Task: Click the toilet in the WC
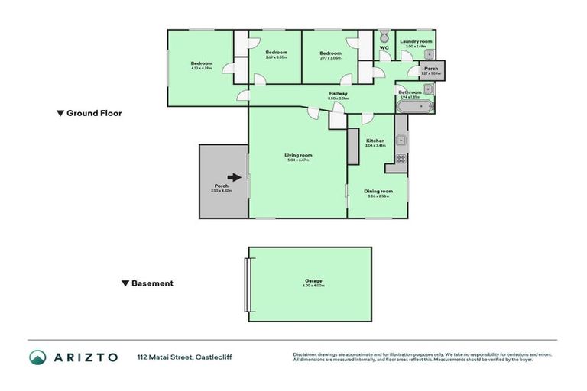(x=384, y=37)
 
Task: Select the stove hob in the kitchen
(x=400, y=158)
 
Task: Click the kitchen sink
(x=401, y=141)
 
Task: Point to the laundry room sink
(x=429, y=53)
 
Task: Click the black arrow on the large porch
(x=235, y=178)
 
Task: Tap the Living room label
(x=299, y=155)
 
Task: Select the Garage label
(x=310, y=280)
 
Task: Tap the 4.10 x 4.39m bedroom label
(x=201, y=63)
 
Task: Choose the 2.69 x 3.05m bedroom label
(x=276, y=53)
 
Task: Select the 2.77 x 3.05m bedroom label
(x=330, y=53)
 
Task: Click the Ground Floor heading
(x=94, y=113)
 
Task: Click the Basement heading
(x=152, y=283)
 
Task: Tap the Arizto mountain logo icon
(x=38, y=357)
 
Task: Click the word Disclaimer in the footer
(x=306, y=354)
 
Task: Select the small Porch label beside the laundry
(x=431, y=68)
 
